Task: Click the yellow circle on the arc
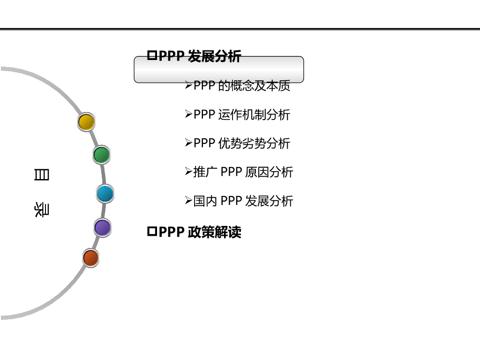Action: coord(86,122)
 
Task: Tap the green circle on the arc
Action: coord(101,155)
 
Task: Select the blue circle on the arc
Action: coord(105,194)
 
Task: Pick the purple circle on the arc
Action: coord(102,228)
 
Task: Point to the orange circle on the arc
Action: coord(90,258)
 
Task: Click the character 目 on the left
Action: coord(41,175)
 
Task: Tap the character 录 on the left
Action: coord(41,210)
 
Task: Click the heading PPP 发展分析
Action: coord(199,56)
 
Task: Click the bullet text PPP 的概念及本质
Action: coord(242,86)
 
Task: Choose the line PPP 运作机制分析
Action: coord(242,114)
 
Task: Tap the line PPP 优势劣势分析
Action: coord(242,143)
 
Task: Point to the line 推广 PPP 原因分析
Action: coord(243,172)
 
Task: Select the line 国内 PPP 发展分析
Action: coord(243,201)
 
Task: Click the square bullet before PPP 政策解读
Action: coord(151,232)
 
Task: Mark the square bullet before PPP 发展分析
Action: coord(151,56)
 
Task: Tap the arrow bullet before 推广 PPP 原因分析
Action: coord(188,172)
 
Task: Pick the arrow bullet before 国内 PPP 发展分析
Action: coord(188,201)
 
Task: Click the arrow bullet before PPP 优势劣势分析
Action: coord(188,143)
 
